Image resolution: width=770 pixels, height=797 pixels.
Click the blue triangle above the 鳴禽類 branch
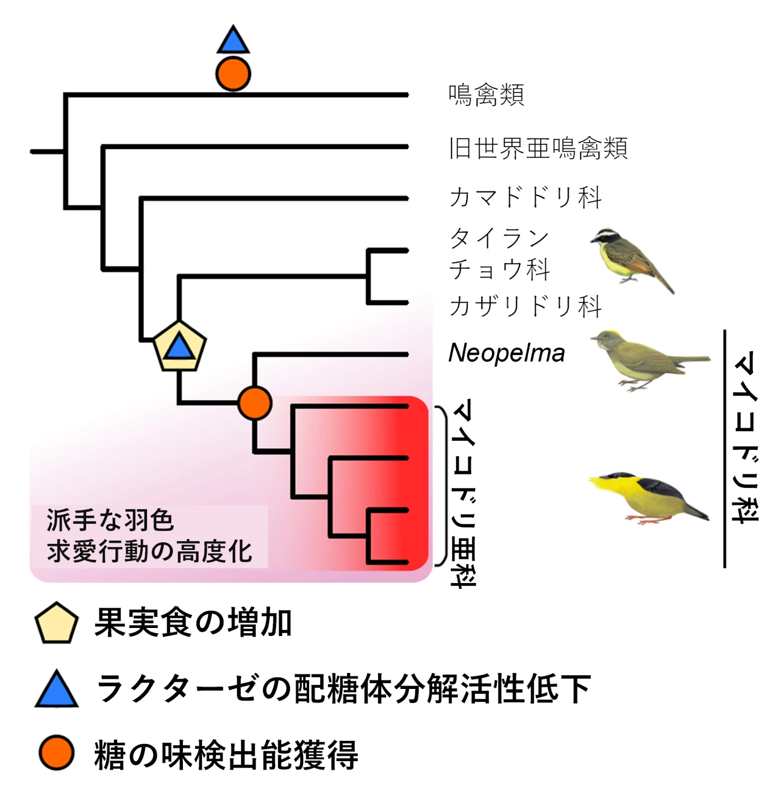(x=233, y=41)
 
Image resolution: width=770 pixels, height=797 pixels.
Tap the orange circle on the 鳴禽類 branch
(x=233, y=74)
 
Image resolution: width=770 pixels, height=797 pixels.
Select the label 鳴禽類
(x=486, y=95)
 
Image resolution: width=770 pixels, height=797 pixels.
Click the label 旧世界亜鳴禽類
(x=538, y=148)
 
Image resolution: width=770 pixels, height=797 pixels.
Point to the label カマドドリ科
(x=526, y=197)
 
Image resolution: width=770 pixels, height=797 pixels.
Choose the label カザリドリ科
(x=526, y=306)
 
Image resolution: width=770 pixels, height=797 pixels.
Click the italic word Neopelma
(x=506, y=353)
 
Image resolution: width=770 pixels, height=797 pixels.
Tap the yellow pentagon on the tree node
(x=180, y=347)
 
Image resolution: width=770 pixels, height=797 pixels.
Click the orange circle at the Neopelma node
(x=255, y=403)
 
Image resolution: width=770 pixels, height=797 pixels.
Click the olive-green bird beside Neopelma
(x=649, y=359)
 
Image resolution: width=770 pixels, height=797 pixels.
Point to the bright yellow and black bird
(x=648, y=497)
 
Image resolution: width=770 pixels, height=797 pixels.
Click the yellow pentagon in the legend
(x=56, y=623)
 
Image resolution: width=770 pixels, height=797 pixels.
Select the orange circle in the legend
(x=56, y=753)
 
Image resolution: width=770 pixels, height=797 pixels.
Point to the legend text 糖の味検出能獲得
(x=226, y=755)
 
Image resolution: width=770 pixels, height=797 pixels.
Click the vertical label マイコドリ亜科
(x=463, y=492)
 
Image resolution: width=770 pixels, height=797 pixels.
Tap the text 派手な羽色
(x=110, y=520)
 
